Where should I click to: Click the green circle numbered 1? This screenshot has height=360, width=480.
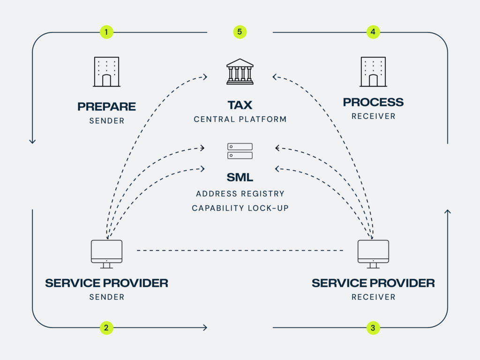(106, 32)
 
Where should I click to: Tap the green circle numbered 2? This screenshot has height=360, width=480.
(106, 328)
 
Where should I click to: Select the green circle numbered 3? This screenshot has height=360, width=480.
(373, 328)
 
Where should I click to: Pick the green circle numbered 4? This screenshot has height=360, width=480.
(373, 32)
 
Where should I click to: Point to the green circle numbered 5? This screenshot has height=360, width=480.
(240, 32)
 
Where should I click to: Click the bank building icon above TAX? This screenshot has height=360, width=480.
(240, 72)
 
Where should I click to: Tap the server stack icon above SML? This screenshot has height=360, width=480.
(240, 151)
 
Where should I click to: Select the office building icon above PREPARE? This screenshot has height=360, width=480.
(106, 72)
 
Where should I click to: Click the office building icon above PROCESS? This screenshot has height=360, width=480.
(373, 72)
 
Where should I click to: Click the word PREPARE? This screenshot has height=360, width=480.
(106, 106)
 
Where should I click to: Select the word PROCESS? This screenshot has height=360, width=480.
(373, 102)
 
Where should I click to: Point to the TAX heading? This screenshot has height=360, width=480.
(240, 104)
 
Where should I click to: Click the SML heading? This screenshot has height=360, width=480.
(240, 177)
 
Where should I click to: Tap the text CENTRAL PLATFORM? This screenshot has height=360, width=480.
(240, 120)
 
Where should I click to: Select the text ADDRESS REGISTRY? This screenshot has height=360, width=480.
(240, 194)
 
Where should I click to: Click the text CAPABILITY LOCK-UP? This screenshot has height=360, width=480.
(240, 208)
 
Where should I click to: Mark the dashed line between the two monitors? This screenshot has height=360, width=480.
(240, 251)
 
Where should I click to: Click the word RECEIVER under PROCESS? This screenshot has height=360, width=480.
(373, 116)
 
